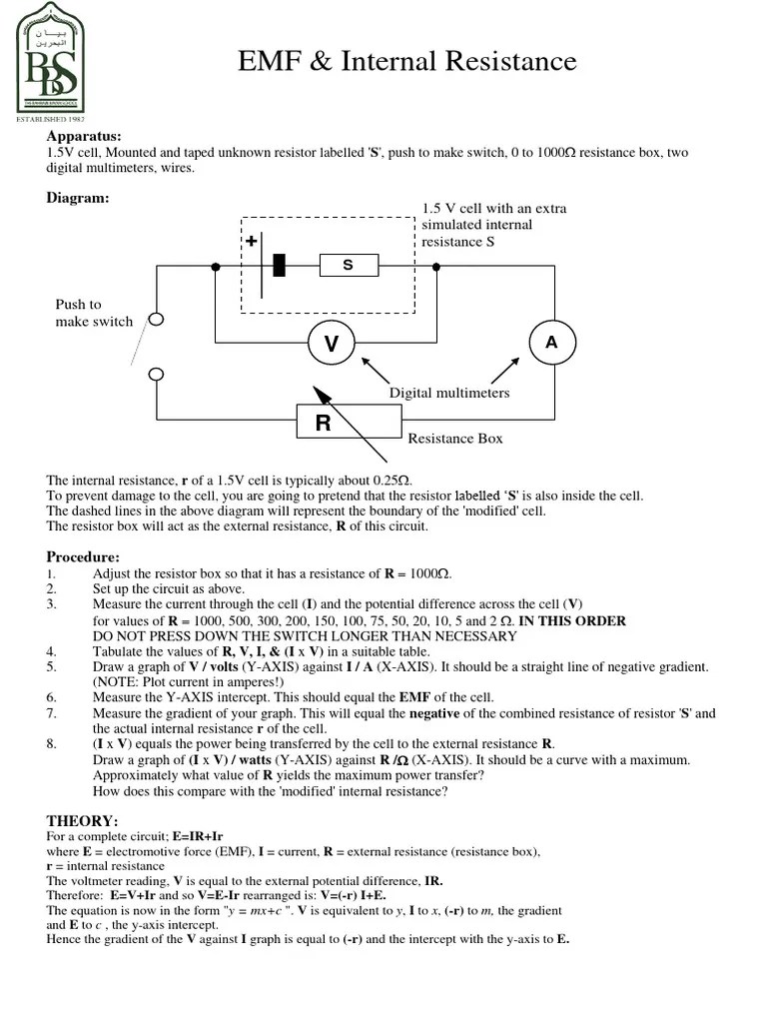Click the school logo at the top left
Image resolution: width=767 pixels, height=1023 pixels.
(x=51, y=58)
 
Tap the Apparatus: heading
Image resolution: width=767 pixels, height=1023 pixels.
(x=84, y=136)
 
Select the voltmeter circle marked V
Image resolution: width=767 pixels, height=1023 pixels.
(x=331, y=344)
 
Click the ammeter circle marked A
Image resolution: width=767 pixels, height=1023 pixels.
(x=550, y=342)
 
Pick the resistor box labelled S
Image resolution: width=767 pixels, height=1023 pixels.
(x=349, y=265)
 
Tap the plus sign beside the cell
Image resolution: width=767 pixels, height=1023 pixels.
(x=252, y=242)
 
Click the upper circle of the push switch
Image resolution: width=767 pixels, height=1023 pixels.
(x=156, y=319)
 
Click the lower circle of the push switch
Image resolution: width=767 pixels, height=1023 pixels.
(x=156, y=374)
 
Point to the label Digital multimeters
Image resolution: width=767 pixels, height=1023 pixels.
(x=449, y=393)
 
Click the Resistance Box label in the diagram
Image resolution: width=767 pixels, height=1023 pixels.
(x=455, y=438)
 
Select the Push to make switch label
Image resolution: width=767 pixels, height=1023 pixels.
(x=94, y=313)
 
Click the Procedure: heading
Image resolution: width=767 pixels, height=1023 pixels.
(x=83, y=556)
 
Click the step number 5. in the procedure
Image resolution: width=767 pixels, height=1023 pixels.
(x=52, y=666)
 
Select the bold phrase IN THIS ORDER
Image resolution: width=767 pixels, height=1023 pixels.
(x=572, y=620)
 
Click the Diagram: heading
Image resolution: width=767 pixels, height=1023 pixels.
(x=78, y=198)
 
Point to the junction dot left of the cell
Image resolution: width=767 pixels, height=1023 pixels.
(x=216, y=266)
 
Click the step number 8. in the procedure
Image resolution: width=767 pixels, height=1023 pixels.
(x=52, y=744)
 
